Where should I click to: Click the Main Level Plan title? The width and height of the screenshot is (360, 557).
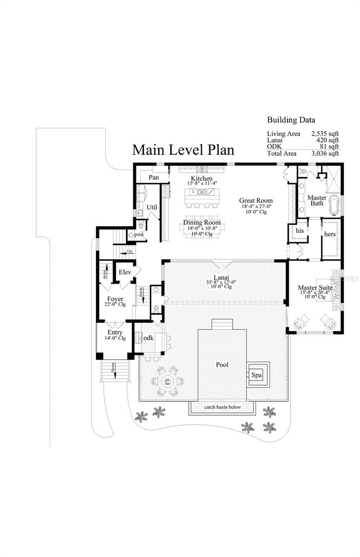coord(183,150)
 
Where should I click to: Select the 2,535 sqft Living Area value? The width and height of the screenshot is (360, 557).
coord(325,134)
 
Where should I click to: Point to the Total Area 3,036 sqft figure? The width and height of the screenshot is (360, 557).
coord(325,153)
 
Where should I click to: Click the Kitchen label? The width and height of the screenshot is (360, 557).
coord(202,179)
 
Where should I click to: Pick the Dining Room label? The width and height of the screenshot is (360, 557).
coord(202,223)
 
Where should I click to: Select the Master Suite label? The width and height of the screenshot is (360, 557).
coord(315,288)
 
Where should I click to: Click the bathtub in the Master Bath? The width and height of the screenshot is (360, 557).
coord(334,206)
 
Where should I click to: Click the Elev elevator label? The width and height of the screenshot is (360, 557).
coord(125,272)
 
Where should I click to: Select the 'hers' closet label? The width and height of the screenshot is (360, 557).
coord(329,233)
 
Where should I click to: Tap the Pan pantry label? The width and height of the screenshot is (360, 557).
coord(154,177)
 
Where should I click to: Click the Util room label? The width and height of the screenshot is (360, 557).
coord(152,207)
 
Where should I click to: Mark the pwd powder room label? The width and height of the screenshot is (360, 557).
coord(139,235)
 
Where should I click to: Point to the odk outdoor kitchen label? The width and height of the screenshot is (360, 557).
coord(148,338)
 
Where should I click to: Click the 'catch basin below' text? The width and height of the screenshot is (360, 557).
coord(221,407)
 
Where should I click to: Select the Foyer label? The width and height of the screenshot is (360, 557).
coord(115,298)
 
